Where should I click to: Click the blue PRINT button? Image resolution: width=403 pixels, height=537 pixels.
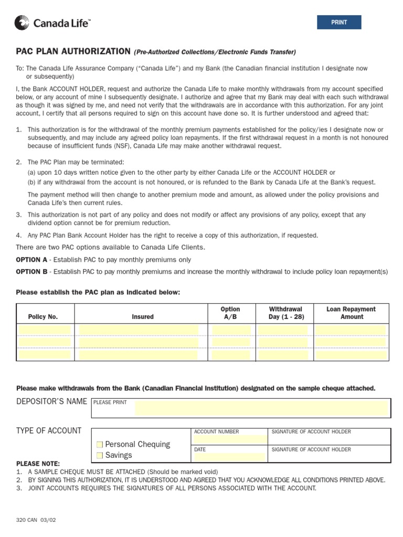click(339, 23)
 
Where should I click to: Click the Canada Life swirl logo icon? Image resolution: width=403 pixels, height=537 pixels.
click(22, 23)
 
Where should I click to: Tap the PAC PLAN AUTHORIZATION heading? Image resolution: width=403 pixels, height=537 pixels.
click(73, 51)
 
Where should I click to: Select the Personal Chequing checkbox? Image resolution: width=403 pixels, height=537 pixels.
click(100, 444)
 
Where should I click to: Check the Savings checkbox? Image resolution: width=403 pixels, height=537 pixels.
click(100, 455)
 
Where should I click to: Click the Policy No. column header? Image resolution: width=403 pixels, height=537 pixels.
click(43, 317)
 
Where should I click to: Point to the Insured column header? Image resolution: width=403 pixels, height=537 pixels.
click(143, 317)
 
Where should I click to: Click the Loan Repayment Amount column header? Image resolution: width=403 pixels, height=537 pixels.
click(351, 313)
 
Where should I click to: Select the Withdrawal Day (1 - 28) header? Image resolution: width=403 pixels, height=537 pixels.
click(285, 313)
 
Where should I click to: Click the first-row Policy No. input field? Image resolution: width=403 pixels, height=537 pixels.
click(45, 330)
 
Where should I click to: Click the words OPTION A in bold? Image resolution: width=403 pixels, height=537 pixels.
click(31, 260)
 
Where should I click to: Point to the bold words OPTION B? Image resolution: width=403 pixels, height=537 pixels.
click(31, 272)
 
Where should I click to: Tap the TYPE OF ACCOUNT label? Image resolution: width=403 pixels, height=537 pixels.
click(49, 431)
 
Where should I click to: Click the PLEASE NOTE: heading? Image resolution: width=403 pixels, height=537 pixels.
click(38, 464)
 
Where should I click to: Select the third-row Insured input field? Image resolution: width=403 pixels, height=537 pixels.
click(139, 355)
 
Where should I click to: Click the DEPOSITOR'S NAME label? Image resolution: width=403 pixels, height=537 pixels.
click(51, 401)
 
